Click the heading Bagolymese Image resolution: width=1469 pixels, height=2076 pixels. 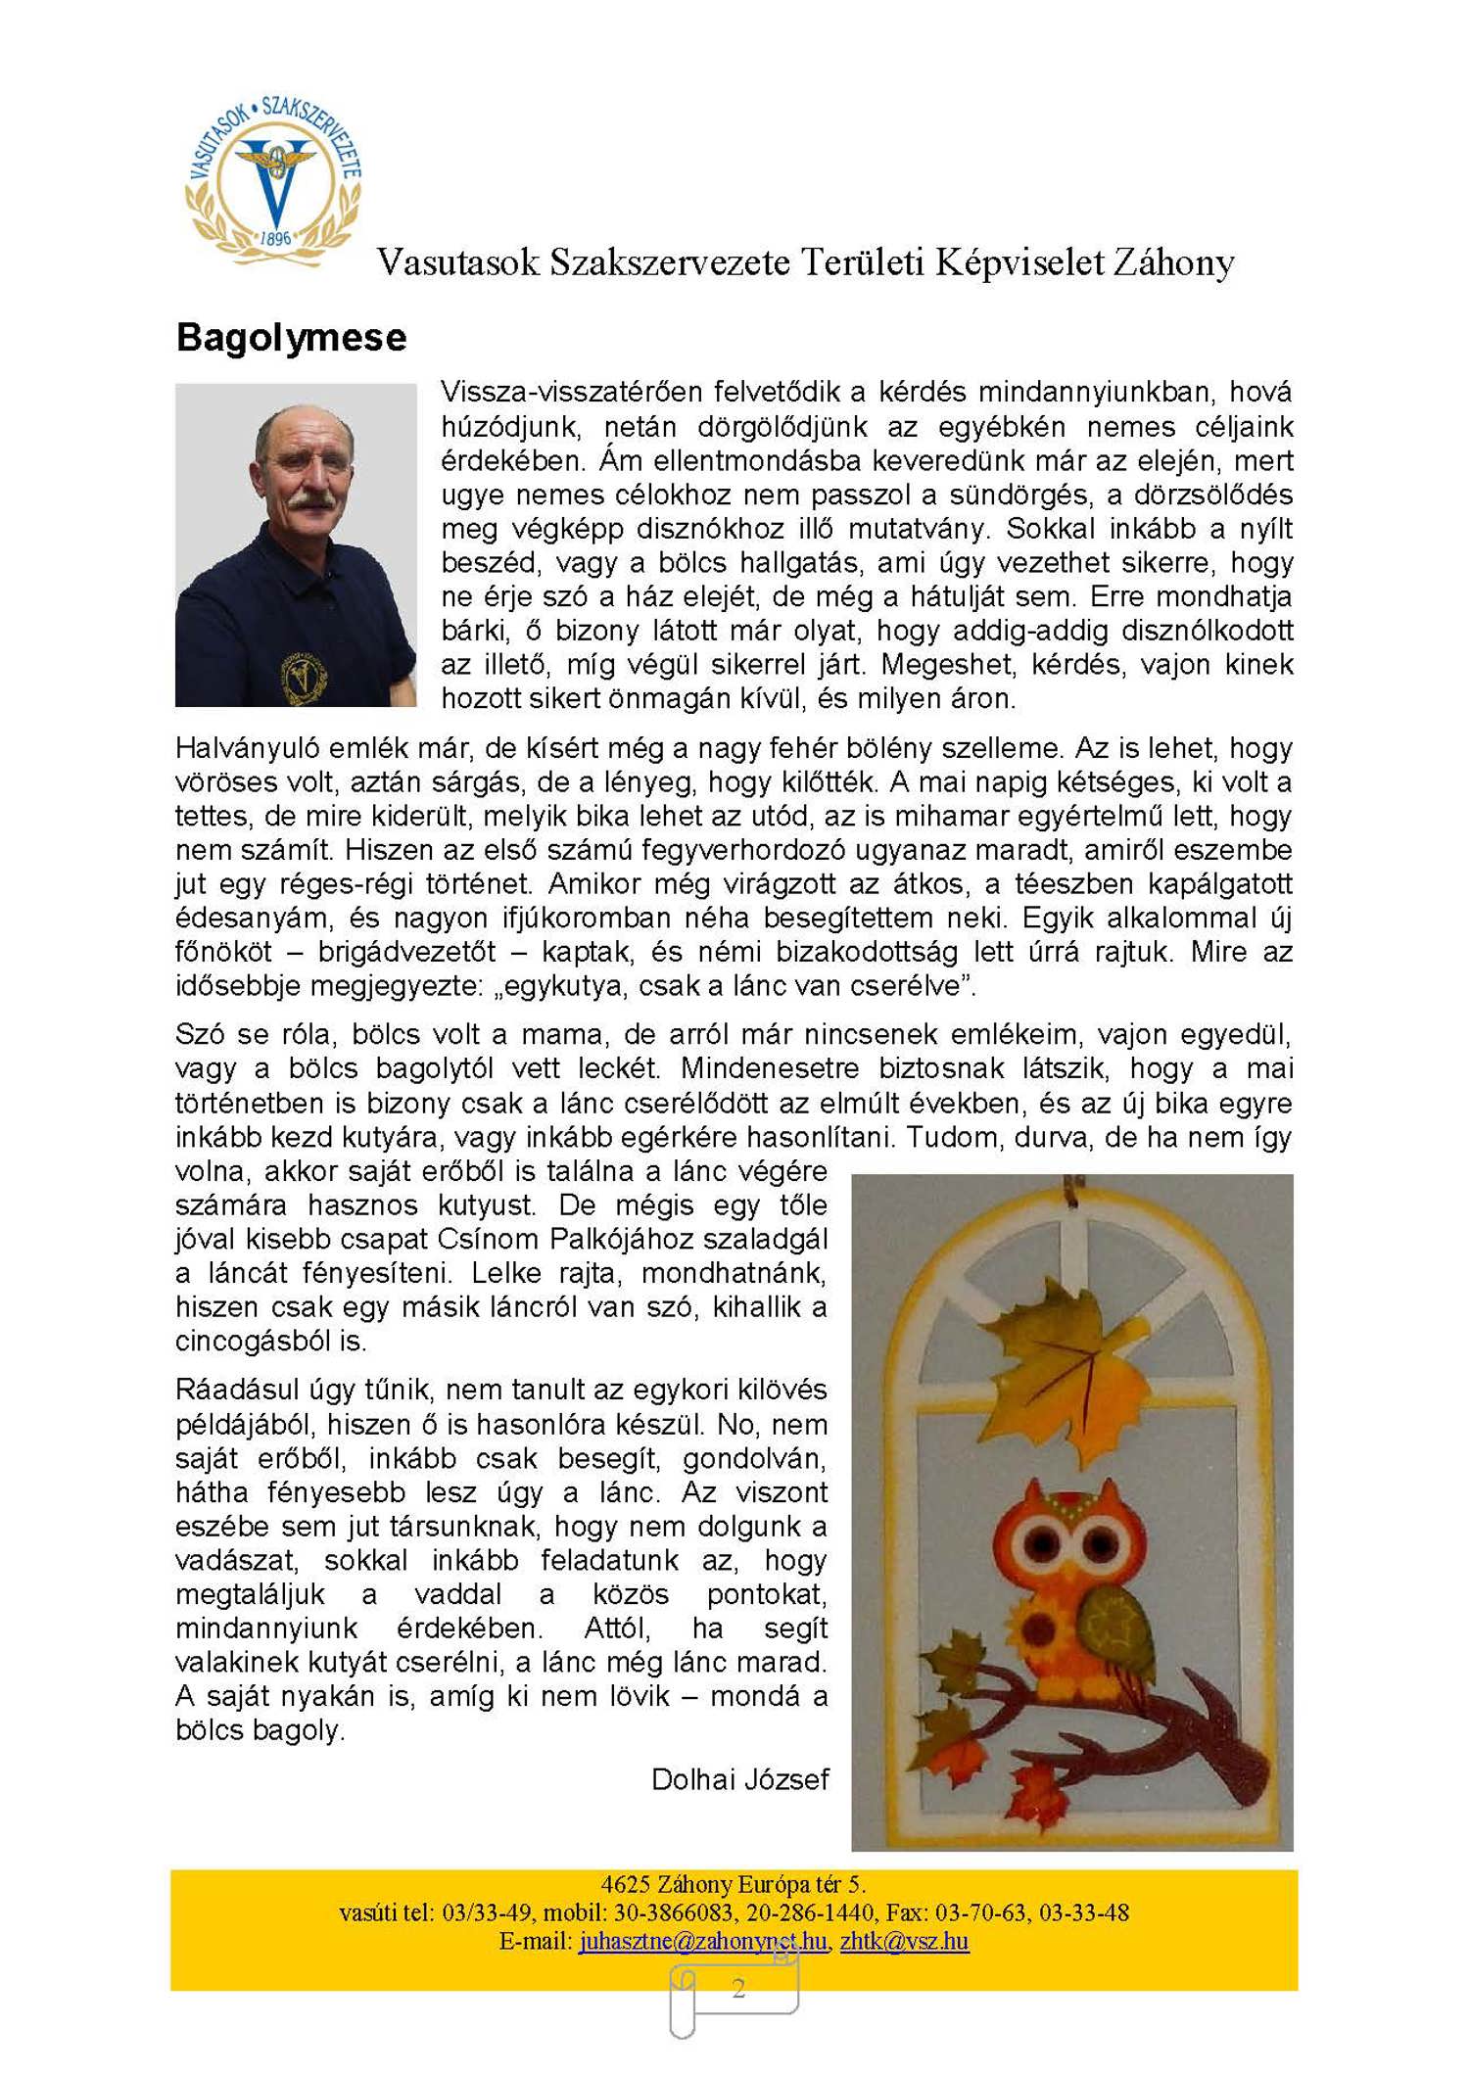[x=291, y=338]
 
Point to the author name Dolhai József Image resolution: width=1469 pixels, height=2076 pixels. [x=739, y=1779]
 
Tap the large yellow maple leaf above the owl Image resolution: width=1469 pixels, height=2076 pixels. [x=1067, y=1361]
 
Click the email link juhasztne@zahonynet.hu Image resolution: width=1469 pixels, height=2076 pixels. [x=702, y=1941]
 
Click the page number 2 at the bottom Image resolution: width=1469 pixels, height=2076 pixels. [x=738, y=1988]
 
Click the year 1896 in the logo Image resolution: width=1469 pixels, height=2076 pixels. [x=275, y=238]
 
